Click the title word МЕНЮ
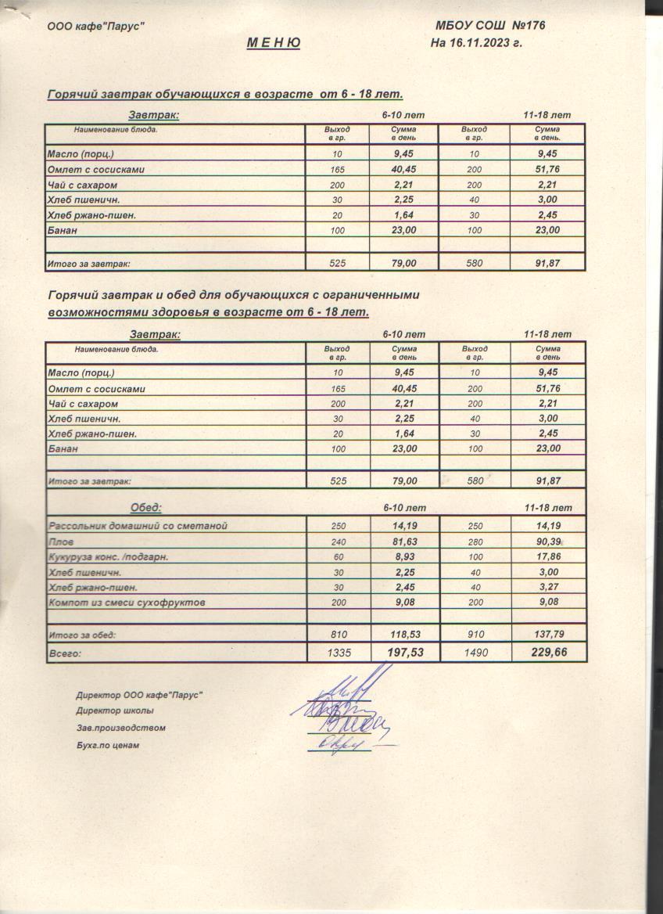[x=273, y=43]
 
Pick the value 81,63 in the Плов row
[x=404, y=542]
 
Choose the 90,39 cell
[x=547, y=542]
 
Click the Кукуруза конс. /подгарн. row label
[x=109, y=557]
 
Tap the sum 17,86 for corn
[x=547, y=557]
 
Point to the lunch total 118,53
[x=404, y=635]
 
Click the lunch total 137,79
[x=547, y=635]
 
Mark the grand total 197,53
[x=404, y=651]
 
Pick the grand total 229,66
[x=547, y=651]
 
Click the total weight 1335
[x=338, y=651]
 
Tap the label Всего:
[x=66, y=652]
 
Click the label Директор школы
[x=115, y=711]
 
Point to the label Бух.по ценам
[x=107, y=746]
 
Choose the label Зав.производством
[x=120, y=729]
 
